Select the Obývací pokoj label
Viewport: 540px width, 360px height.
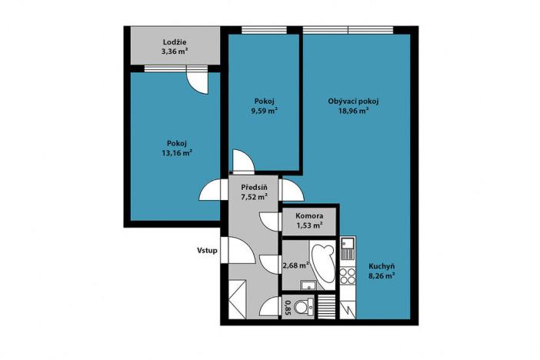coord(353,101)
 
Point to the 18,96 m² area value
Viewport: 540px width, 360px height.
coord(353,111)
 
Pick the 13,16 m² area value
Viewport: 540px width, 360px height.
coord(177,152)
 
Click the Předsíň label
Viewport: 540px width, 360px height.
coord(255,187)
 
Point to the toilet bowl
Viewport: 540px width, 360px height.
coord(302,307)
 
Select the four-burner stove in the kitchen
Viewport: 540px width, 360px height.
coord(347,275)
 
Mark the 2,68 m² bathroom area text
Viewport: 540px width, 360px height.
coord(295,265)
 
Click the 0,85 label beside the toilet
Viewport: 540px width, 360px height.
coord(288,308)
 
